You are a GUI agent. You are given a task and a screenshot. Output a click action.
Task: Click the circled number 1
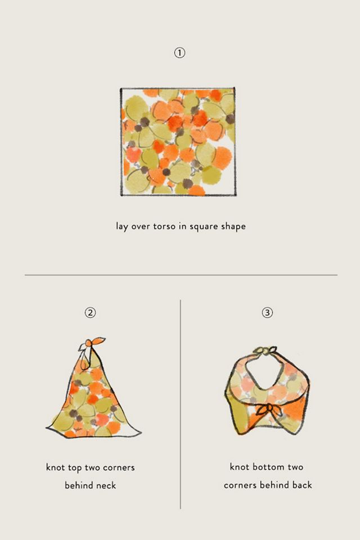pos(179,53)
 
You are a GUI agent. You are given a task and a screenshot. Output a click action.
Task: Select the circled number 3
pos(267,312)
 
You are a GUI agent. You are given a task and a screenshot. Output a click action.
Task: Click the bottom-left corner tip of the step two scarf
pos(47,428)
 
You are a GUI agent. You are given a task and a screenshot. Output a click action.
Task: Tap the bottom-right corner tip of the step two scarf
pos(141,433)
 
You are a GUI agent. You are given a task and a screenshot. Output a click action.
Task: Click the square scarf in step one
pos(178,142)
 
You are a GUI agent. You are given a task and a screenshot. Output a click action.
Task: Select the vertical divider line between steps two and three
pos(180,404)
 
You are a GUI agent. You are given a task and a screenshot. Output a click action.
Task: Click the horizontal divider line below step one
pos(181,275)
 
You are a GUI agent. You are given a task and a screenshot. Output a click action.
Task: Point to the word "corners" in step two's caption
pos(119,467)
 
